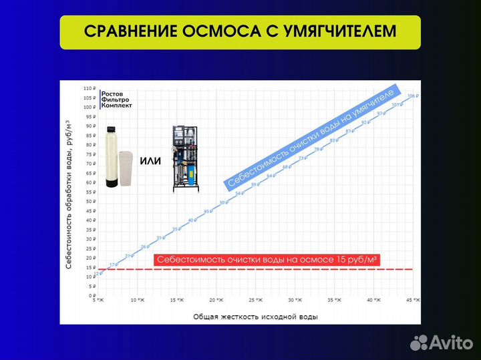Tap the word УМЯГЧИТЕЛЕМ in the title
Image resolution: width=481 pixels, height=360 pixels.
click(x=338, y=32)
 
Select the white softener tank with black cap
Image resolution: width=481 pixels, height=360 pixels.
click(x=112, y=159)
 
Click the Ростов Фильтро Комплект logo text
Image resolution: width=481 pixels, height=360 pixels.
click(x=117, y=100)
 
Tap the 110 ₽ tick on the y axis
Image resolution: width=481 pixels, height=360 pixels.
click(x=90, y=88)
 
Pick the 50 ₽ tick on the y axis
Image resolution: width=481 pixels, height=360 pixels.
click(x=91, y=201)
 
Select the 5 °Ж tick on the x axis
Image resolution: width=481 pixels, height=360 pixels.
click(x=99, y=301)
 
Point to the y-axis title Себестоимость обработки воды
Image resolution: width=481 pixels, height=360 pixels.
click(x=69, y=194)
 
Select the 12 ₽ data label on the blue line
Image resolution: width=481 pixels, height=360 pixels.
click(x=98, y=273)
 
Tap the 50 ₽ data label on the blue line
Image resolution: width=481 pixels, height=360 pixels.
click(x=223, y=202)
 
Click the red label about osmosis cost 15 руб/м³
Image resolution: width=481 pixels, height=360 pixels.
click(x=267, y=260)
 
